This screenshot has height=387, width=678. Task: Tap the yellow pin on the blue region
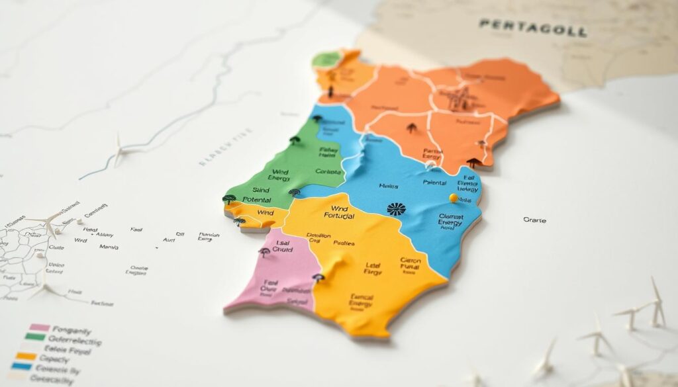pyautogui.click(x=454, y=198)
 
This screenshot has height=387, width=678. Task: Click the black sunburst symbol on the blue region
pyautogui.click(x=396, y=209)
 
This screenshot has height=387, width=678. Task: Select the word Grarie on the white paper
pyautogui.click(x=534, y=220)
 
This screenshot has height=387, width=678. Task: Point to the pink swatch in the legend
pyautogui.click(x=40, y=327)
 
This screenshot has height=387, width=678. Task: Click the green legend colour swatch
pyautogui.click(x=35, y=337)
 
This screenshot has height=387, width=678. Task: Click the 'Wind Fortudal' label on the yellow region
pyautogui.click(x=340, y=212)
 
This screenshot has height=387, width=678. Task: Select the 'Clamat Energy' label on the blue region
pyautogui.click(x=450, y=220)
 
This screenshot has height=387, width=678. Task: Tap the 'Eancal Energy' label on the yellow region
pyautogui.click(x=361, y=301)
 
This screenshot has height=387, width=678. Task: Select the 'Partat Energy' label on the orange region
pyautogui.click(x=433, y=154)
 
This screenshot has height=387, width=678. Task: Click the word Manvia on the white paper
pyautogui.click(x=109, y=247)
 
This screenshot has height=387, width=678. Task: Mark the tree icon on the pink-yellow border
pyautogui.click(x=318, y=278)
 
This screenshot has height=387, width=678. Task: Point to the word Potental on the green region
pyautogui.click(x=257, y=198)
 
